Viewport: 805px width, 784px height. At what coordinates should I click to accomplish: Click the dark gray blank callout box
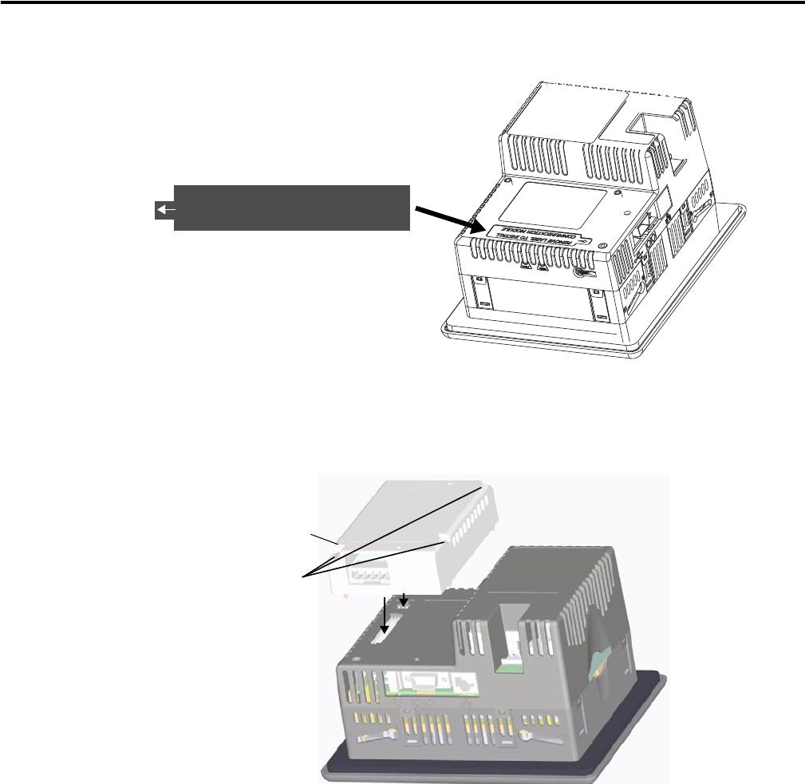click(291, 208)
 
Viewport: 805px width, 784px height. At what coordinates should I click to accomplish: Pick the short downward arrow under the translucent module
click(404, 599)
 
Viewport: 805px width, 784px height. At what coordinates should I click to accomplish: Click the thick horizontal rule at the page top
click(402, 2)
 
